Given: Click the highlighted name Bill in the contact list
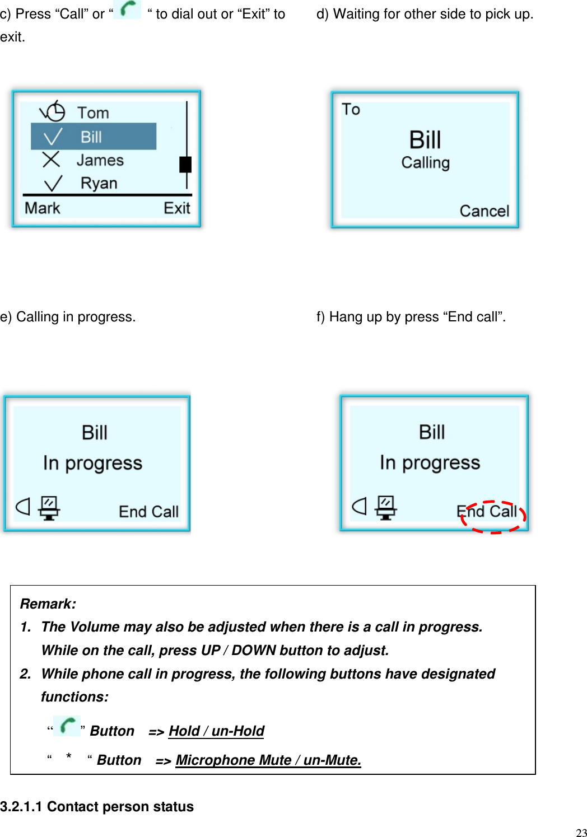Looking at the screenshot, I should coord(91,137).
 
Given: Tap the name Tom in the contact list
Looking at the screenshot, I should coord(93,113).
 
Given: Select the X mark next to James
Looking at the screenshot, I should coord(51,160).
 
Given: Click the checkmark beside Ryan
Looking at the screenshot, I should coord(53,183).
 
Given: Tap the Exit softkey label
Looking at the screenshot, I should coord(177,208).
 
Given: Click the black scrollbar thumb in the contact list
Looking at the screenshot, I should coord(185,165).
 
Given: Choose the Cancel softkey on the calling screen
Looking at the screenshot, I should coord(484,211).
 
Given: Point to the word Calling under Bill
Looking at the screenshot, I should coord(425,163).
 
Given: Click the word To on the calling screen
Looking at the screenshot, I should coord(351,110).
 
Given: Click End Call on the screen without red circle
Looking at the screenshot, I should coord(148,512).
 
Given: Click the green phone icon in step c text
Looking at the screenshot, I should coord(128,10).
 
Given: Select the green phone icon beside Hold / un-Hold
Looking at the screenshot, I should coord(67,726).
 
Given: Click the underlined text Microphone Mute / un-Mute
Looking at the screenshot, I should coord(268,760).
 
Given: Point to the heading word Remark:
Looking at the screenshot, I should coord(48,604).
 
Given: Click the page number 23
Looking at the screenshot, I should coord(581,833).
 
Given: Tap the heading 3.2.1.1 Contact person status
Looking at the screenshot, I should coord(97,806).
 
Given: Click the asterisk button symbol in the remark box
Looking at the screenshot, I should coord(68,757).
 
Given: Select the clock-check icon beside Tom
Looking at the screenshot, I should coord(53,111).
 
